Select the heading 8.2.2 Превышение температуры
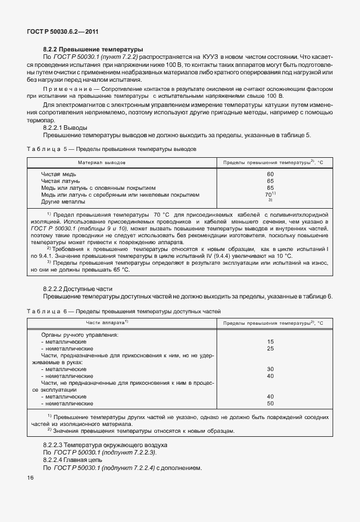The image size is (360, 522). pyautogui.click(x=93, y=50)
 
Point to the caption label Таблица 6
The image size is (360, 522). pyautogui.click(x=47, y=311)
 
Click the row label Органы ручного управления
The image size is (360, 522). pyautogui.click(x=79, y=334)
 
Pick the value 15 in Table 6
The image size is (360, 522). pyautogui.click(x=270, y=341)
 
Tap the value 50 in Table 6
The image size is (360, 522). pyautogui.click(x=270, y=403)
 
